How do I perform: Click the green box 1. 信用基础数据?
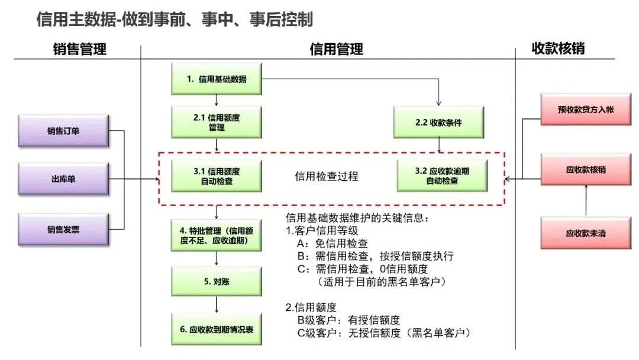click(x=217, y=79)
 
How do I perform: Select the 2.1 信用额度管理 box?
click(x=217, y=123)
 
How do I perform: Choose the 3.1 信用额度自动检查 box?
click(x=217, y=176)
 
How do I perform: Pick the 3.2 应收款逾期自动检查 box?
click(x=442, y=176)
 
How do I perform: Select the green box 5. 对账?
click(x=217, y=281)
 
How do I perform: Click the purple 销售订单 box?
click(x=63, y=131)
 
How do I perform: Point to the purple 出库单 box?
click(x=63, y=179)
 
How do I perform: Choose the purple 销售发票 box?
click(x=63, y=230)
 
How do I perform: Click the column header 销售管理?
click(x=80, y=49)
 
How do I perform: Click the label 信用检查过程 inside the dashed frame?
click(x=327, y=176)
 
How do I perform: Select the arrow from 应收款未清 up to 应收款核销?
click(x=586, y=200)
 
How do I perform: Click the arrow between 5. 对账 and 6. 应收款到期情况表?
click(x=217, y=304)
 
